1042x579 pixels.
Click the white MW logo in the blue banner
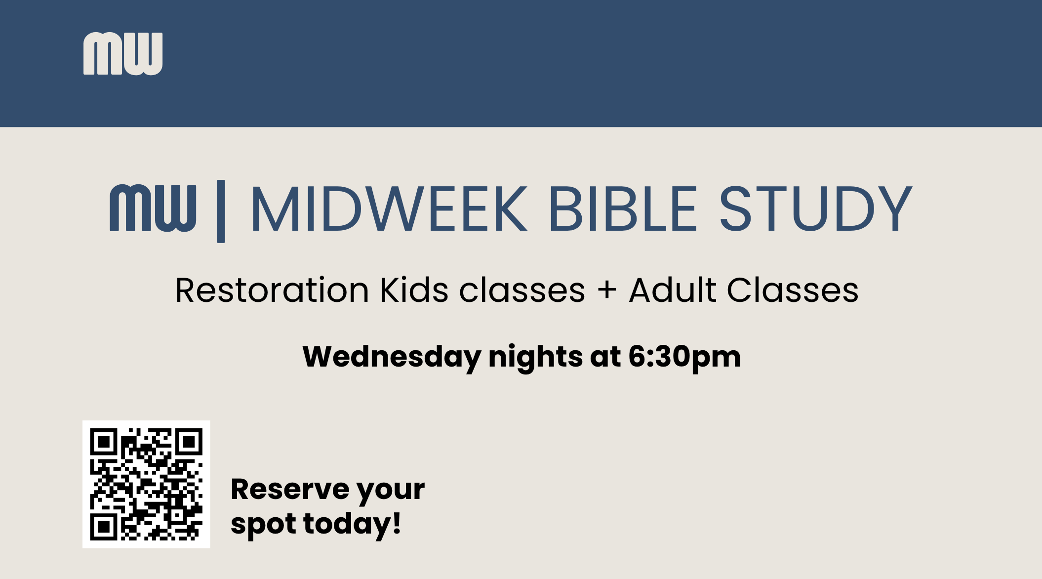click(x=123, y=54)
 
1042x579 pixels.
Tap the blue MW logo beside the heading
click(x=153, y=208)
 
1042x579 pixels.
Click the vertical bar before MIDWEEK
click(x=221, y=211)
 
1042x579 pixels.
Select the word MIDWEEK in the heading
click(x=389, y=208)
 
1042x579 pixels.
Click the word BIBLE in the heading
click(x=623, y=208)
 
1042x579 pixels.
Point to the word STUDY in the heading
click(x=815, y=208)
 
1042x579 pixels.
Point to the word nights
click(x=535, y=358)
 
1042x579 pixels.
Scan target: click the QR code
click(x=146, y=484)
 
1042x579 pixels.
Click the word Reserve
click(x=290, y=490)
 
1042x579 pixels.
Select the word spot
click(x=263, y=525)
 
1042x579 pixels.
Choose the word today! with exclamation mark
click(x=352, y=525)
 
